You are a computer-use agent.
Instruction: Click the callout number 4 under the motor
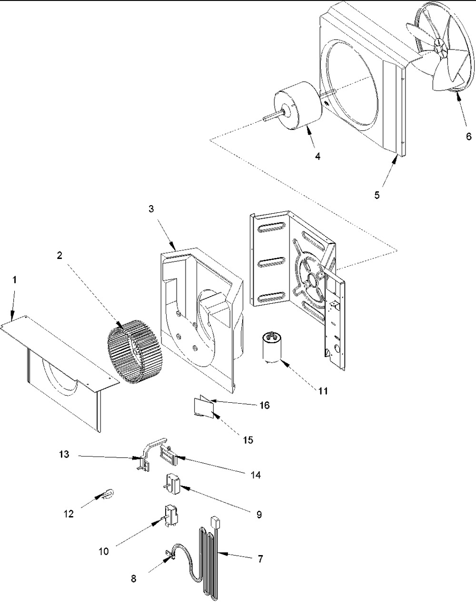[x=317, y=156]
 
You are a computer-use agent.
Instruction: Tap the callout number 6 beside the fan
[x=469, y=136]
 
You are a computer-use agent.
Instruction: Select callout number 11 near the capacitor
[x=323, y=391]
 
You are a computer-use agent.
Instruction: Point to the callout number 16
[x=264, y=405]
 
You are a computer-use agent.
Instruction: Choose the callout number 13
[x=64, y=454]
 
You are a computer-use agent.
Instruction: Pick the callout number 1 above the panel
[x=14, y=280]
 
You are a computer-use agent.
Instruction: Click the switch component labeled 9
[x=173, y=485]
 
